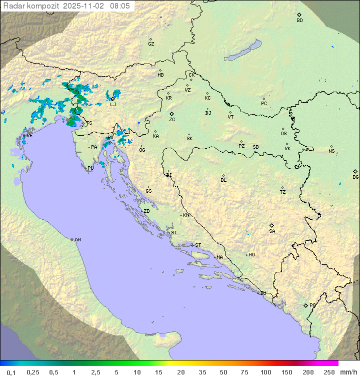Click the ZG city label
172,120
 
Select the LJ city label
113,104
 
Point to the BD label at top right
299,21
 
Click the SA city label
272,231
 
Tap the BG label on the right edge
355,177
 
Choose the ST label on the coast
198,245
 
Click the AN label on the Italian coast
77,240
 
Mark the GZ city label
151,44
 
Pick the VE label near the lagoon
29,136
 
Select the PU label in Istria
90,168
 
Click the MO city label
251,255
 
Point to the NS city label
331,151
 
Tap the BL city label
223,180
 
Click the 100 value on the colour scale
265,372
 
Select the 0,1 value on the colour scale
11,372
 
